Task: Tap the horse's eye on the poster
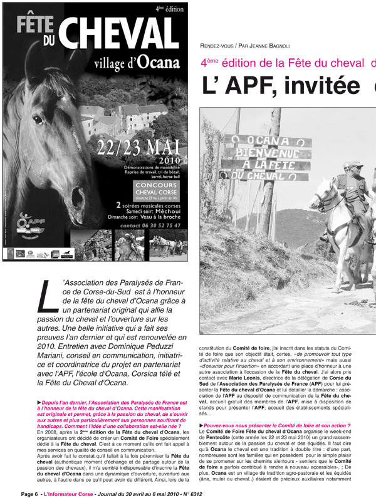tap(38, 118)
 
